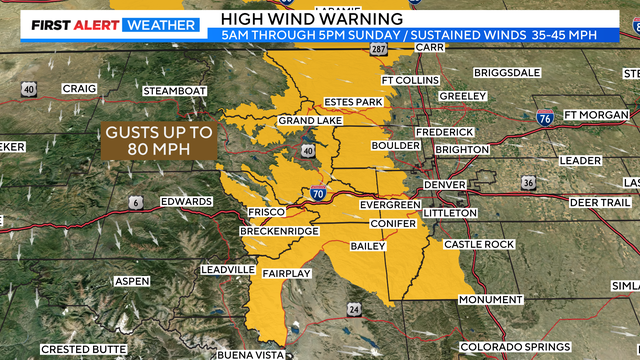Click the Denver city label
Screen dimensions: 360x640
coord(444,185)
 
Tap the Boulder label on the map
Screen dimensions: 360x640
coord(395,145)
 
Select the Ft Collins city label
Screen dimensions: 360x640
coord(410,80)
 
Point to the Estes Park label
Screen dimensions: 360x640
coord(354,101)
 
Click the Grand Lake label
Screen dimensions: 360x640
coord(303,121)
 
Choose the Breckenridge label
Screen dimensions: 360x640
coord(279,231)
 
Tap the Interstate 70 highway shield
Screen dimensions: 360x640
coord(316,192)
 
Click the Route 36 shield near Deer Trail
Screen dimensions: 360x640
coord(527,183)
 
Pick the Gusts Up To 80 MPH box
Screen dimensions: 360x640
coord(158,141)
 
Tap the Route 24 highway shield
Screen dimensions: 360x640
coord(354,310)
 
